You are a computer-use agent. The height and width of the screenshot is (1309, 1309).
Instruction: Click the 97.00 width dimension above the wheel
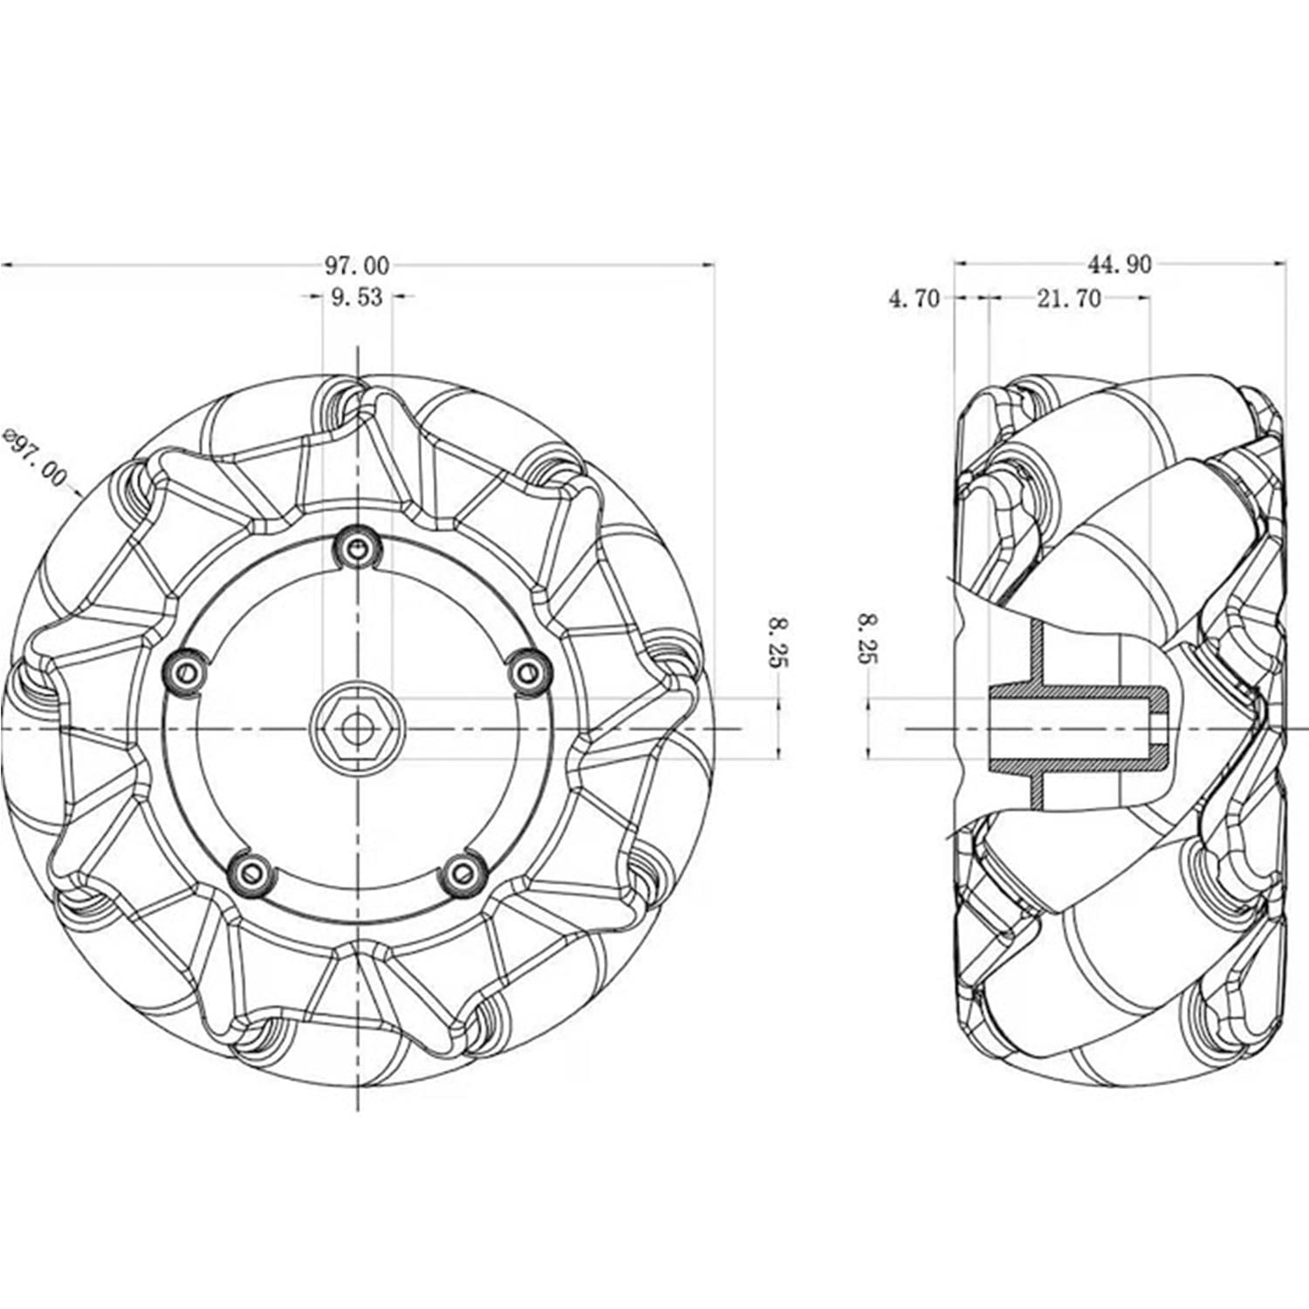(358, 264)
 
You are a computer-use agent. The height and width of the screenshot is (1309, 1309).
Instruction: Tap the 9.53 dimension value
(357, 298)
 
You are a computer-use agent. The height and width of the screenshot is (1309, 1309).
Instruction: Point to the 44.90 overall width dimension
(1119, 264)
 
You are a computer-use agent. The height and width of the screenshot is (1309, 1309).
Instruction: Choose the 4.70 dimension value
(915, 299)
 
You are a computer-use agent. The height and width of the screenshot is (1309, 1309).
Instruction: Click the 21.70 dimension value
(1069, 299)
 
